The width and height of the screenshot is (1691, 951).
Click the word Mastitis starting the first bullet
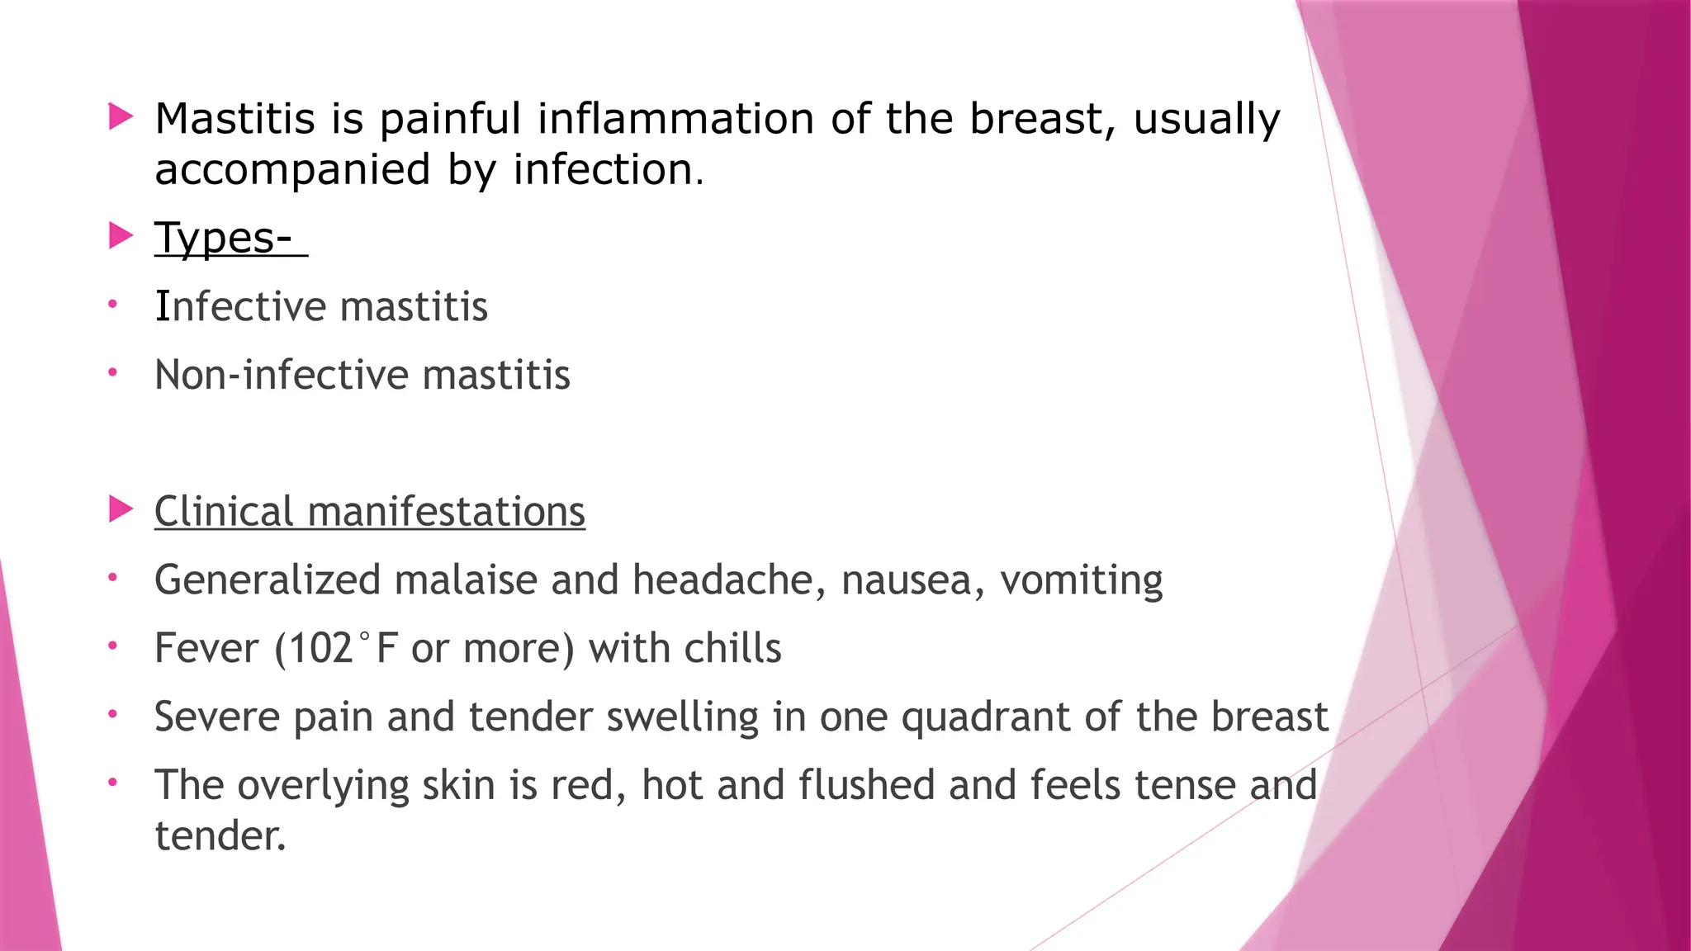[x=235, y=118]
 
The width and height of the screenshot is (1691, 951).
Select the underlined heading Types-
[x=224, y=238]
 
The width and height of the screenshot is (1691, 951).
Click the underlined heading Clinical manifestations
[x=369, y=511]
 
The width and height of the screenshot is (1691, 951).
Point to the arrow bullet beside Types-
[x=121, y=237]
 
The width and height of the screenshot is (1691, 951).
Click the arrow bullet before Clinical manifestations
[x=121, y=509]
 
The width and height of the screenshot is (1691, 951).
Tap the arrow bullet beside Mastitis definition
[x=121, y=116]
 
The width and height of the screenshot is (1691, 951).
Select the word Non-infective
[x=281, y=375]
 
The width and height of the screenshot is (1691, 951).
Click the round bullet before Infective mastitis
[x=113, y=305]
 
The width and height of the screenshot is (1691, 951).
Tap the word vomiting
[x=1081, y=580]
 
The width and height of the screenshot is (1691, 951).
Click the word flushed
[x=866, y=784]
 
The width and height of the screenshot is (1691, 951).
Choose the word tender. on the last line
[x=220, y=835]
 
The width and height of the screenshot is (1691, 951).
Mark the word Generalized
[x=268, y=580]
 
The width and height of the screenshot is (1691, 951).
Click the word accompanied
[x=292, y=169]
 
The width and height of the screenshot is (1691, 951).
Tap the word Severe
[x=216, y=717]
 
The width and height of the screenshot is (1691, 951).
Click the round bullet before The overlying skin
[x=113, y=781]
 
